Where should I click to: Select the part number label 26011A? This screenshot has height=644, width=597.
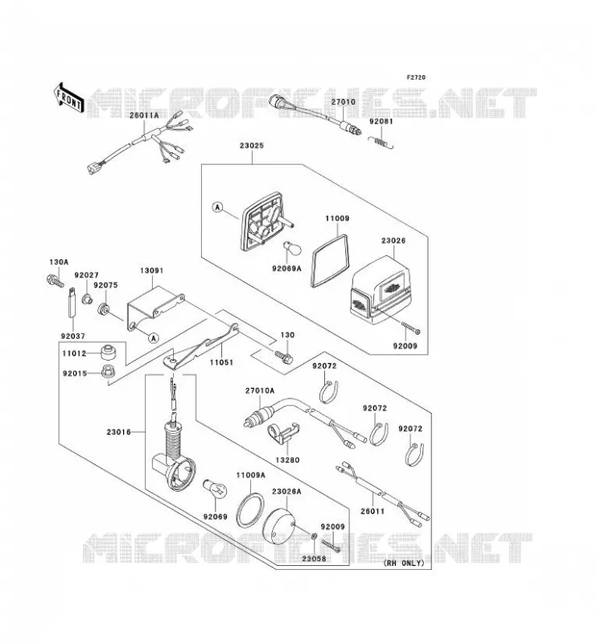point(144,115)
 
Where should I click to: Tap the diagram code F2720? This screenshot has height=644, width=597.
point(416,77)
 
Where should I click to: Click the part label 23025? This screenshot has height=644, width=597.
point(252,146)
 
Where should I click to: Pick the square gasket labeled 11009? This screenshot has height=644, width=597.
point(330,261)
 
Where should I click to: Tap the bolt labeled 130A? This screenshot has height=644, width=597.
point(55,280)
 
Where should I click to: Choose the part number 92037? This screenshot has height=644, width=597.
point(73,336)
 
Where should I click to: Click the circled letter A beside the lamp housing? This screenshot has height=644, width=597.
point(217,208)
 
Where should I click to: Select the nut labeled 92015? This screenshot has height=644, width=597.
point(109,372)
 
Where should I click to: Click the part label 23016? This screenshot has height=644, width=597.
point(118,431)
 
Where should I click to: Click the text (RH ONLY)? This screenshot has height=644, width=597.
point(404,563)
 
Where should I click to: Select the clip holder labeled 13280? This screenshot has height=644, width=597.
point(282,435)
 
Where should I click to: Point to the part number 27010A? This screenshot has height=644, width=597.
point(260,390)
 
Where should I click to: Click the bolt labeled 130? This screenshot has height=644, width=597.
point(284,356)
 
